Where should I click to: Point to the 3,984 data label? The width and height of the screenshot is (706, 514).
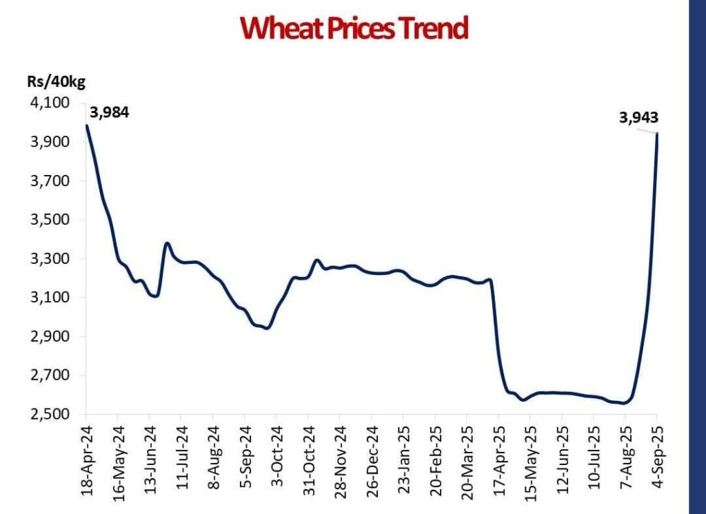point(109,112)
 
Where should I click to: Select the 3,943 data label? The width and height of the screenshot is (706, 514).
point(639,118)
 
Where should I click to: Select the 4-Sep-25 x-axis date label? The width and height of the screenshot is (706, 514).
point(656,457)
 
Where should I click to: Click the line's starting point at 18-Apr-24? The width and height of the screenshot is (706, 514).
point(87,125)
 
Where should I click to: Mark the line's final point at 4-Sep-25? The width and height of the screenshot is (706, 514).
point(656,134)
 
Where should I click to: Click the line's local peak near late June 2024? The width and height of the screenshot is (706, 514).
point(167,243)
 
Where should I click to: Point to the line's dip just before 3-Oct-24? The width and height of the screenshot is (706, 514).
point(267,328)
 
